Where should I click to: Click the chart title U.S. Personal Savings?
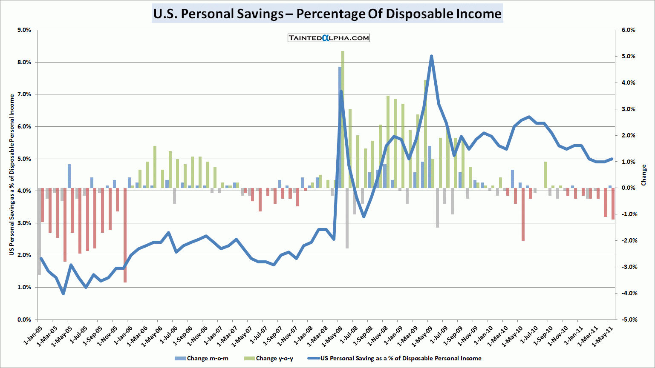click(327, 14)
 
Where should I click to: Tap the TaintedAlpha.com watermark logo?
click(329, 38)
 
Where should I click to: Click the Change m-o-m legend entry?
click(202, 358)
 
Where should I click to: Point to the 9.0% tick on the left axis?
click(24, 30)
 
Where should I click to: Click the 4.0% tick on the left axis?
click(24, 191)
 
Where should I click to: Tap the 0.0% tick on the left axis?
click(24, 320)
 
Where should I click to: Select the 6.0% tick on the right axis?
click(628, 30)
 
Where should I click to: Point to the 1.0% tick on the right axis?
click(628, 162)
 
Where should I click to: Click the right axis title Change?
click(643, 175)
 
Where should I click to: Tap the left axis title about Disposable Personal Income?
click(12, 175)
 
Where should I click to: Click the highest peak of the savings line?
click(431, 56)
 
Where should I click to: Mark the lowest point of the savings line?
click(63, 293)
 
